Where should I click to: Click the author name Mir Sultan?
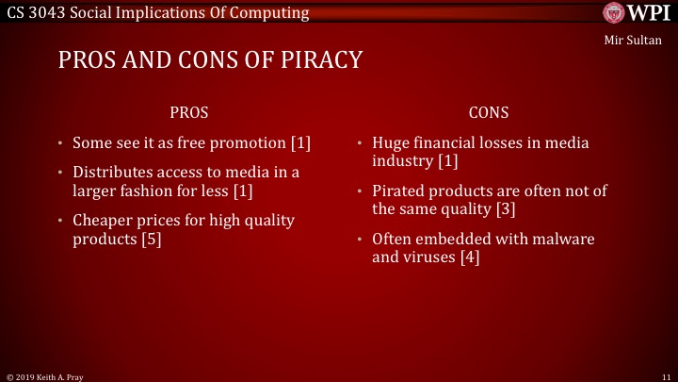pos(635,41)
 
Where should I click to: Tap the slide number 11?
pos(665,375)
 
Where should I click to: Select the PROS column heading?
pos(188,112)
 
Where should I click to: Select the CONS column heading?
pos(488,112)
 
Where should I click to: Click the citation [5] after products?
pos(153,240)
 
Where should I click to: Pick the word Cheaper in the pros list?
pos(104,221)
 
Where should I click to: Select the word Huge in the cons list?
pos(391,143)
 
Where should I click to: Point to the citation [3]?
pos(508,208)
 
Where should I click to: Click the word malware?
pos(563,239)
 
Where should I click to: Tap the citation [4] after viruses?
pos(470,257)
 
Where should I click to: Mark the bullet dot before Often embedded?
pos(361,240)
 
